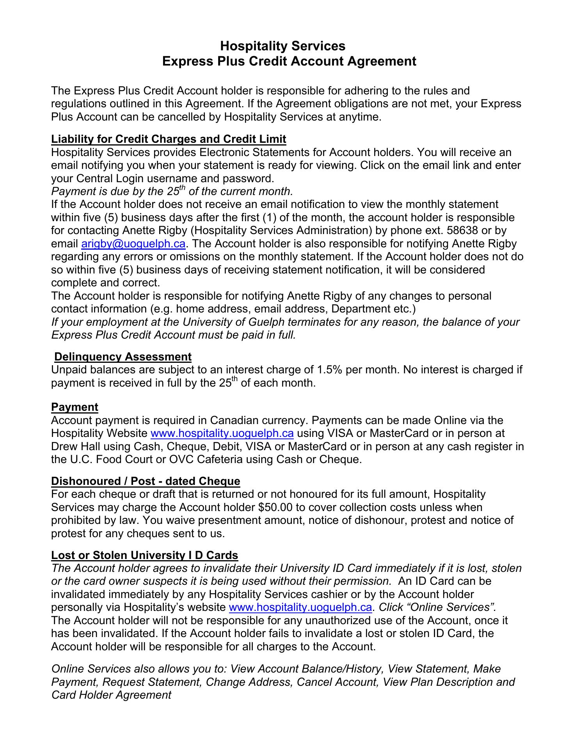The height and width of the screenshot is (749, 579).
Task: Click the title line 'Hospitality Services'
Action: coord(282,46)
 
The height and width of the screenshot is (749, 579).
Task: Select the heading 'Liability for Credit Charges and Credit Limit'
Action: coord(169,139)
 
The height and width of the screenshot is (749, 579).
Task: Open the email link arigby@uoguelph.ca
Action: coord(133,244)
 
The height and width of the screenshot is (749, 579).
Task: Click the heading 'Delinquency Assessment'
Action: coord(123,357)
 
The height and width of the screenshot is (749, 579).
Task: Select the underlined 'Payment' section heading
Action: coord(75,407)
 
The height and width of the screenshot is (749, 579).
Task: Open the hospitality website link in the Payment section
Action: coord(222,433)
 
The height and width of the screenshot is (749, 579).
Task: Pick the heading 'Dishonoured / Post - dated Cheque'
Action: coord(146,481)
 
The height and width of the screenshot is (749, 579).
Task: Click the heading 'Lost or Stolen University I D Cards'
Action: coord(144,555)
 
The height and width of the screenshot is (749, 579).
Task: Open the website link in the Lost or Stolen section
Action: coord(300,607)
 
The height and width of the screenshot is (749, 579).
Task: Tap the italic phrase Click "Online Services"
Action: coord(437,607)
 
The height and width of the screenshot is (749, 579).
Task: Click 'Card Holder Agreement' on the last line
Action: coord(111,695)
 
